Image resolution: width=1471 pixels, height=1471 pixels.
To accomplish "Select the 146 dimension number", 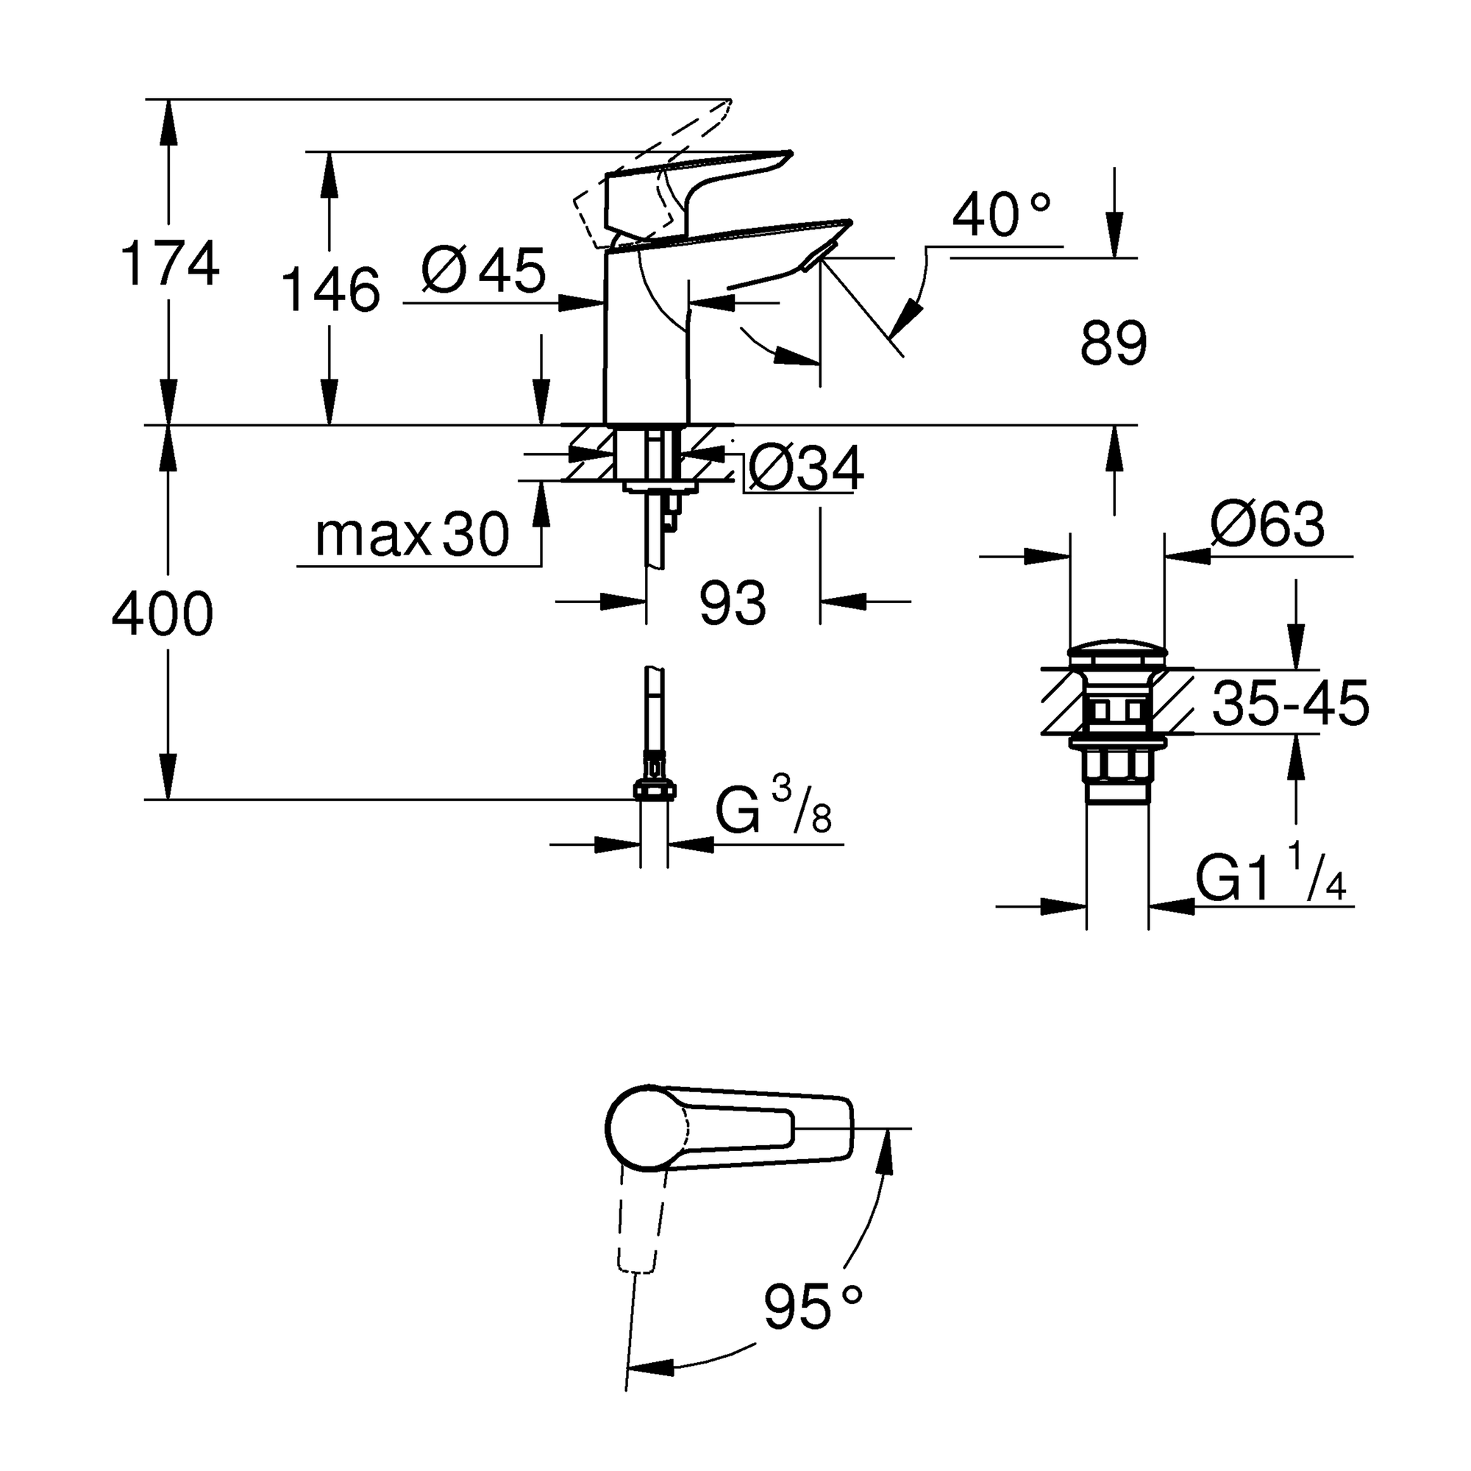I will point(330,291).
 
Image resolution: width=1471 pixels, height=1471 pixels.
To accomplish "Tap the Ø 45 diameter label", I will point(484,271).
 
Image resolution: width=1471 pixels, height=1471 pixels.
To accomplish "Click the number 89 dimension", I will point(1113,344).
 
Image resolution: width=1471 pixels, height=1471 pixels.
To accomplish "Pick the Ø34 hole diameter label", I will point(805,469).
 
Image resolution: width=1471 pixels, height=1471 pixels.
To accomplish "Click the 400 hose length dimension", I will point(162,613).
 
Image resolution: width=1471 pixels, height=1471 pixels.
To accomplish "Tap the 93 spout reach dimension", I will point(733,603).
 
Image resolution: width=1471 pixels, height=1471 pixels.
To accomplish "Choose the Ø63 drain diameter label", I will point(1267,525).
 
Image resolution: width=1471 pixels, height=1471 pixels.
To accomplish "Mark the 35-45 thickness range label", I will point(1290,704).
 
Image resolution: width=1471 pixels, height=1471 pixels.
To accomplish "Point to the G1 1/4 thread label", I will point(1270,879).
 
